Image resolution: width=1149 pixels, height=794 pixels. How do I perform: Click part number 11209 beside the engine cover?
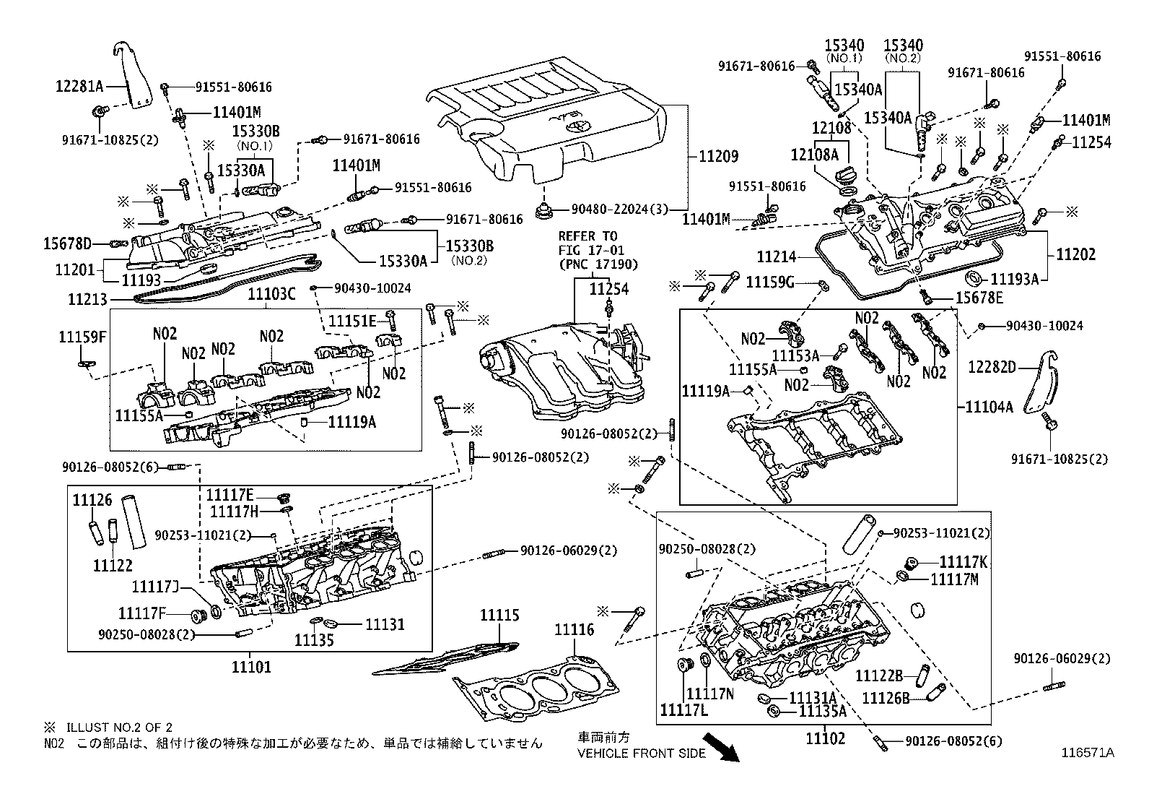coord(719,155)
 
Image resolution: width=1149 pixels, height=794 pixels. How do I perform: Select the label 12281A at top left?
coord(80,87)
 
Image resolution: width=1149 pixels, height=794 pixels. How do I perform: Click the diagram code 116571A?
coord(1087,753)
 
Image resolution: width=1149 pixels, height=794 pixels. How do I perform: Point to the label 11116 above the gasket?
coord(574,630)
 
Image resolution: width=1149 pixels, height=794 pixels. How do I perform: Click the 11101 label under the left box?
coord(252,666)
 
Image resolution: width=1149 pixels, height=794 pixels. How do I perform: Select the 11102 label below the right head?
coord(825,738)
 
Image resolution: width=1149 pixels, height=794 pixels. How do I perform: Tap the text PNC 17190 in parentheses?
coord(590,264)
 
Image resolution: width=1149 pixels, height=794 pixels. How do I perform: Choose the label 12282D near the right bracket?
coord(992,368)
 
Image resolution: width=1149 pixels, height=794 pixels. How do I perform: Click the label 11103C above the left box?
coord(271,294)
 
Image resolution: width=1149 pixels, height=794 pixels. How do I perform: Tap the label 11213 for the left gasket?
coord(87,298)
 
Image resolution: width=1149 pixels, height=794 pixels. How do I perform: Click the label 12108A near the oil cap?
coord(814,155)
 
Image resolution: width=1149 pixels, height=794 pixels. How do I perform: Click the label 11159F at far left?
coord(82,336)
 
